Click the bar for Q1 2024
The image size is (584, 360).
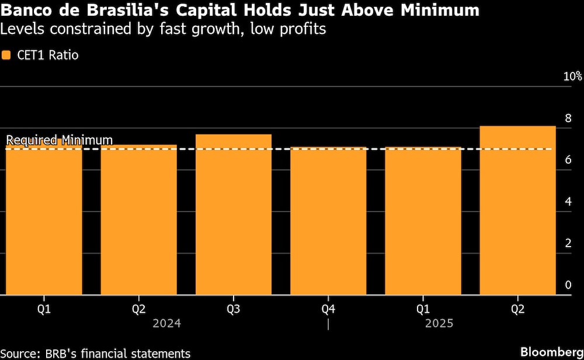(x=44, y=222)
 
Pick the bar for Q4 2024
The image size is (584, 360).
(x=328, y=221)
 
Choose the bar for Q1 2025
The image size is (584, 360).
(x=423, y=221)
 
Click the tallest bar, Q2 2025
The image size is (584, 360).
(x=517, y=210)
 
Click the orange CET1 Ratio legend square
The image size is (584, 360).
(x=6, y=56)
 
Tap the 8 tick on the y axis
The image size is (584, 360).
(x=567, y=119)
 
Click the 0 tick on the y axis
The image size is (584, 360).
(x=567, y=285)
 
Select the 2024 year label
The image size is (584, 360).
(x=166, y=323)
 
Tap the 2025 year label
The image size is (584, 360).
(x=439, y=323)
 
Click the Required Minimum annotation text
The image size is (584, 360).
(x=59, y=140)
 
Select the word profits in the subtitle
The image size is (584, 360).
(x=302, y=29)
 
